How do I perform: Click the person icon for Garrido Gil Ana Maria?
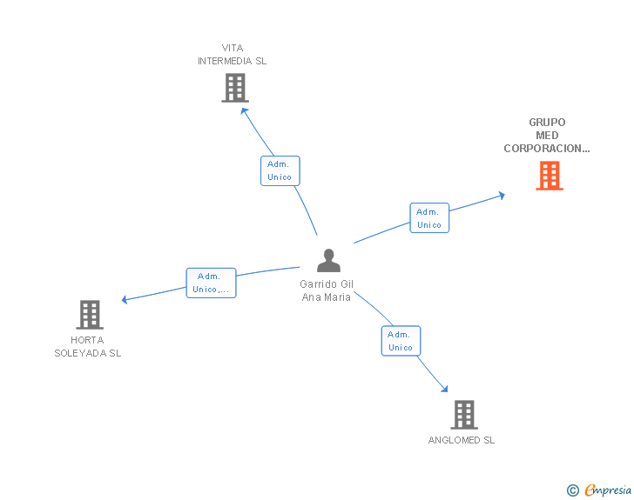point(327,261)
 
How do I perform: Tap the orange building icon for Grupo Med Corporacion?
point(549,176)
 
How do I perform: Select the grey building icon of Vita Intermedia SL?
point(234,88)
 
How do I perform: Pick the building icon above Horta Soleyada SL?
point(90,315)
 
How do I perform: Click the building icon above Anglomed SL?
point(463,415)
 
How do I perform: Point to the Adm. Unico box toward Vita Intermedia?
point(280,170)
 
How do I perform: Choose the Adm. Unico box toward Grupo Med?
point(429,218)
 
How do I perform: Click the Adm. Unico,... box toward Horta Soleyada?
point(211,283)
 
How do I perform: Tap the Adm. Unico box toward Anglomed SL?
point(401,341)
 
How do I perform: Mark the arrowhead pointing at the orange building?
point(501,196)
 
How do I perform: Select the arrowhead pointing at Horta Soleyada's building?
point(125,300)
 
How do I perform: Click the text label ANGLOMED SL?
point(461,440)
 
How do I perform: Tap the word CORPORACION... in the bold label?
point(546,149)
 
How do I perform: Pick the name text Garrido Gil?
point(327,284)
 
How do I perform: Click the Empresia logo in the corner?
point(608,490)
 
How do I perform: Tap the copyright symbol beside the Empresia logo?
point(572,490)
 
